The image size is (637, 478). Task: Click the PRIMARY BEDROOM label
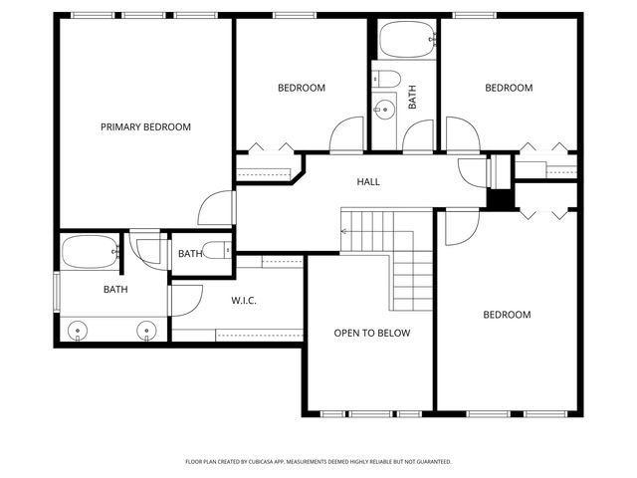(x=145, y=127)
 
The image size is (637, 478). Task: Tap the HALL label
(x=368, y=182)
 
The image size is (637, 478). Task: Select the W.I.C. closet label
(x=244, y=300)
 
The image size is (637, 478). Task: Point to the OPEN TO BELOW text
(x=371, y=334)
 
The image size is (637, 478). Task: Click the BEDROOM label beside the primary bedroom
(x=301, y=89)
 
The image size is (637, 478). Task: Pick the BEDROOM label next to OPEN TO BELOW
(x=507, y=316)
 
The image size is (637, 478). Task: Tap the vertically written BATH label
(x=412, y=97)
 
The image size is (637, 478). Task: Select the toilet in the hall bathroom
(x=387, y=79)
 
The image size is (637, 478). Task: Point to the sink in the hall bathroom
(x=380, y=110)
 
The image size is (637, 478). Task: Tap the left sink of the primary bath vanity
(x=77, y=330)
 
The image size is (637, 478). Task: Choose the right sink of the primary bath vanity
(x=146, y=330)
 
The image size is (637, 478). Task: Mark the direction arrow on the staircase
(x=345, y=231)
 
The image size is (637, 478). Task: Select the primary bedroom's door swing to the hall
(x=214, y=207)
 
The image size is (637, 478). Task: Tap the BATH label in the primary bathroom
(x=115, y=290)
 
